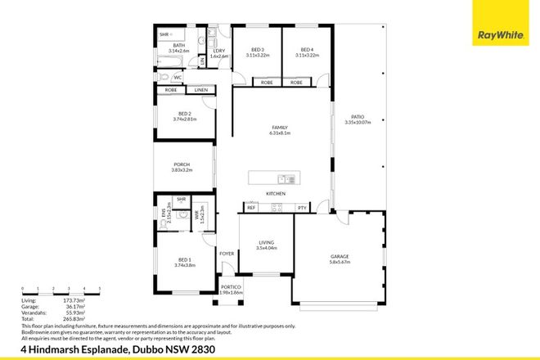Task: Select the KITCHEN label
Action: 275,193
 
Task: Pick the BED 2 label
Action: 187,114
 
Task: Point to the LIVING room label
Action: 265,242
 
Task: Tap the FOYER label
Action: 226,254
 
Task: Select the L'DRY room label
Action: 218,52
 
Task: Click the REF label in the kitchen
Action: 251,208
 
